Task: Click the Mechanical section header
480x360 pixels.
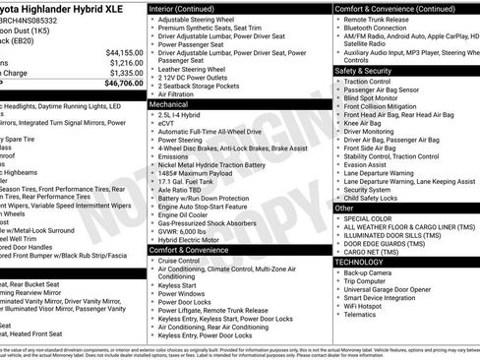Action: pyautogui.click(x=169, y=103)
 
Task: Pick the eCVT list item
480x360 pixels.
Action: pyautogui.click(x=168, y=123)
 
